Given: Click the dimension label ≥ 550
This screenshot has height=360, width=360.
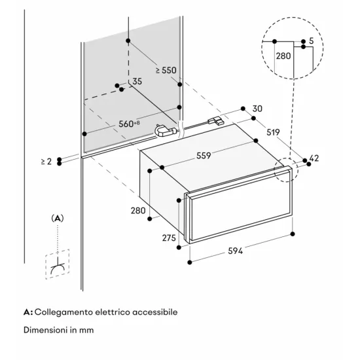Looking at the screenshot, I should point(166,70).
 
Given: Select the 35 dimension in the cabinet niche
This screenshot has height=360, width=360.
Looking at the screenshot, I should point(137,81).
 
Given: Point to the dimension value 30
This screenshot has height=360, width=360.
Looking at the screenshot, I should point(257,109).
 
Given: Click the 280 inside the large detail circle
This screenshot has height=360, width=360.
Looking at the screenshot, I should point(283,56).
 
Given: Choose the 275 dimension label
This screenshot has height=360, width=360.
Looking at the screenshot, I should point(169,238).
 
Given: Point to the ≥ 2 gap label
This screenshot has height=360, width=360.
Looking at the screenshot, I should point(46,160).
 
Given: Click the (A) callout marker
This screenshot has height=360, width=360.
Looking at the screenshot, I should point(58,217).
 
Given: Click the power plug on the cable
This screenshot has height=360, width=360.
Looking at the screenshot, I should point(166,131).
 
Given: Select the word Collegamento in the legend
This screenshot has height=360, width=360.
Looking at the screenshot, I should point(63,312).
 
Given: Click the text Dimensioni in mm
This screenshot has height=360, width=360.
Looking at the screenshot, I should point(58,330).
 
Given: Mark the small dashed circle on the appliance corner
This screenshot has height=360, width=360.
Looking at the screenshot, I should point(285,170).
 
